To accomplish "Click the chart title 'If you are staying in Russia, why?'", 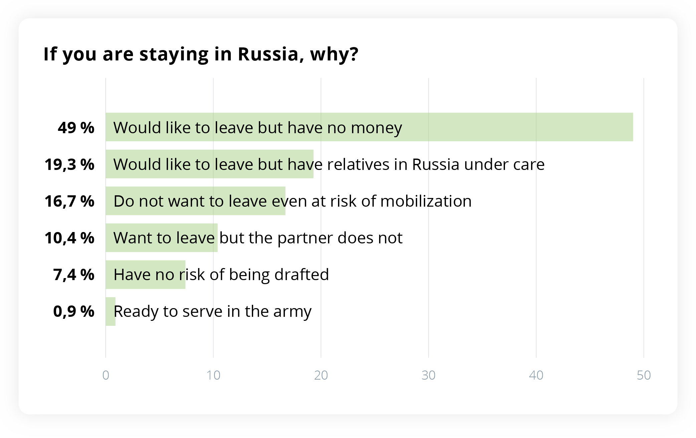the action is tap(201, 54).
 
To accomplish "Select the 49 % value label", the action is tap(76, 128).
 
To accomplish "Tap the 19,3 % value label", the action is tap(69, 165).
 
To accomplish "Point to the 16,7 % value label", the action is tap(69, 201).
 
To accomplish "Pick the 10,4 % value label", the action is tap(69, 238).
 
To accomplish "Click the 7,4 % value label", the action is tap(74, 275).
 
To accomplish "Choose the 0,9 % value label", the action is tap(74, 311).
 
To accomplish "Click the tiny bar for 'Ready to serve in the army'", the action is tap(111, 311).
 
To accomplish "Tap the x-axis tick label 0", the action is tap(106, 375).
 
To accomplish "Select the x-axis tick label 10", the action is tap(213, 375).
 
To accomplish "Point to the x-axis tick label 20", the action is tap(321, 375).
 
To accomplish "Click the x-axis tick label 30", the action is tap(428, 375).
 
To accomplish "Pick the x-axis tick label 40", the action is tap(536, 375).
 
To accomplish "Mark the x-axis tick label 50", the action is tap(644, 375).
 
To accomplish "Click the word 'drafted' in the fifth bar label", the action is tap(302, 274).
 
